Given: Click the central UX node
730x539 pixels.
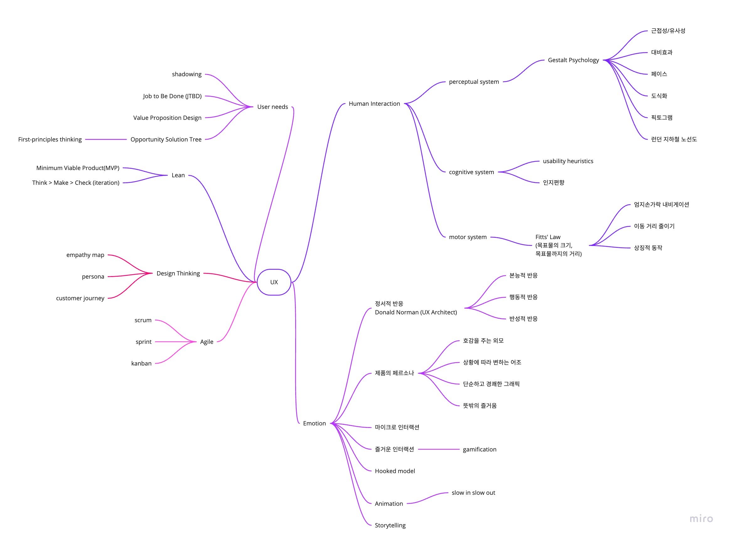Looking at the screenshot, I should (x=274, y=282).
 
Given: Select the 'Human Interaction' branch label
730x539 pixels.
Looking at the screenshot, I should (x=374, y=104).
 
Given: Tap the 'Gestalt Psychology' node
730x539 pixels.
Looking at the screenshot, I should (x=573, y=60).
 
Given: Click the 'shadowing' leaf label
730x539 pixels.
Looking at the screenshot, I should (x=187, y=74).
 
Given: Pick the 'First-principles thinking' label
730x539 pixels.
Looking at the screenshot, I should (x=50, y=139).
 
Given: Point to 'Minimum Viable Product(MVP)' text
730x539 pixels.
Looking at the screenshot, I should (x=77, y=168).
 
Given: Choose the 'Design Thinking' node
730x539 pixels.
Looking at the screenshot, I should (x=178, y=273).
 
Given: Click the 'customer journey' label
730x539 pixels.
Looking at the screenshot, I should (x=80, y=298).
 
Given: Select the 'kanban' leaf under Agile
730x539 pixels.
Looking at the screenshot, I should (x=141, y=364).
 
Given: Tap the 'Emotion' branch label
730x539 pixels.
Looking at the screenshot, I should (x=314, y=424).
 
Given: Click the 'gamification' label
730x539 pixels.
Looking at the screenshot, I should (x=479, y=450).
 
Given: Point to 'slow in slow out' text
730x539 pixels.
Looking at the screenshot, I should (x=473, y=493).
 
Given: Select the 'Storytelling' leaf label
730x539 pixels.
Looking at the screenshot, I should (x=390, y=526).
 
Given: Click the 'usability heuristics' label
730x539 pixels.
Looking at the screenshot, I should (x=568, y=161).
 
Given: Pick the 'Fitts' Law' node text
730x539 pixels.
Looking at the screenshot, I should (x=548, y=237).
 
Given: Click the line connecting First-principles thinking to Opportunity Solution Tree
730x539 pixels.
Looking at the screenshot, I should (x=106, y=139).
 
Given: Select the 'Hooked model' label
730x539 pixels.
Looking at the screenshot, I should (x=395, y=471).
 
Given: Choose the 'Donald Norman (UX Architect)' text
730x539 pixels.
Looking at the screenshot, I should (x=416, y=312).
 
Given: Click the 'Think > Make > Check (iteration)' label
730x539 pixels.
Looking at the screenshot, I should (x=76, y=183).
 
